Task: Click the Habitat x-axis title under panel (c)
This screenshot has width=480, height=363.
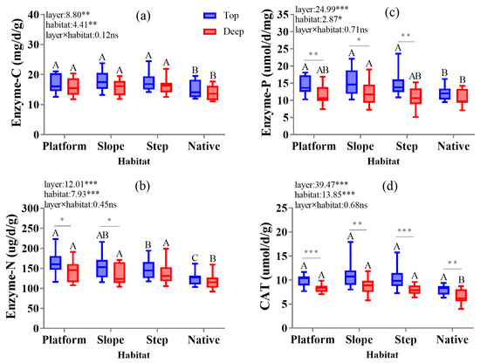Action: point(381,161)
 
